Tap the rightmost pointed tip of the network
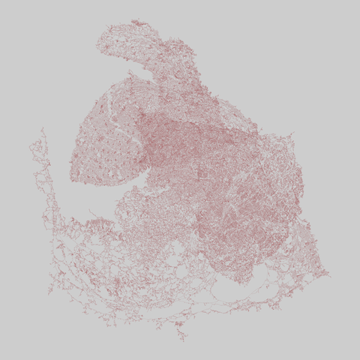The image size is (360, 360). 328,274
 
